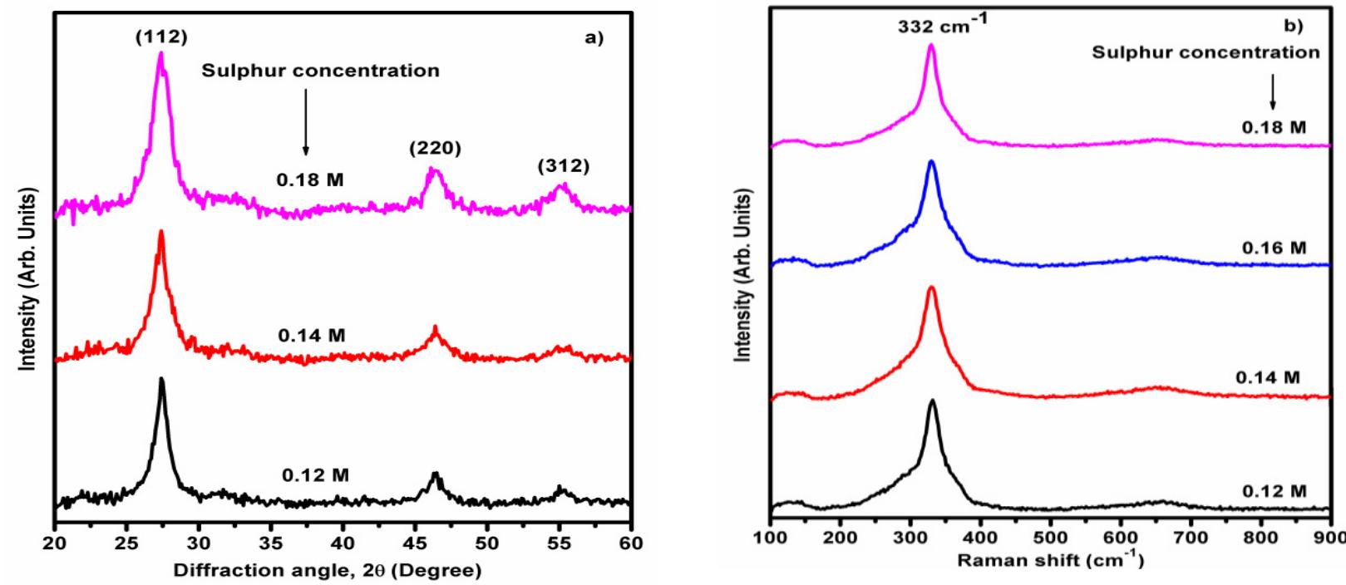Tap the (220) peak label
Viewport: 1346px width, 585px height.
(x=434, y=149)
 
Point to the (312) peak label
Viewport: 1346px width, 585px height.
(x=563, y=166)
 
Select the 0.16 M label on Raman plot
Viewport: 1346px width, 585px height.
(x=1274, y=248)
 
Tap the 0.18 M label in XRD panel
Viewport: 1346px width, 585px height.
(x=311, y=179)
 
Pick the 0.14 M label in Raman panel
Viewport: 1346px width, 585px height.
(x=1267, y=377)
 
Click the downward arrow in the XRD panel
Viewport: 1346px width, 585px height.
(x=305, y=121)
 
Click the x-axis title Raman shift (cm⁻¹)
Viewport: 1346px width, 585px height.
(x=1050, y=561)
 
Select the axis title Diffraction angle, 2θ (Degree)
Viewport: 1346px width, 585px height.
(x=326, y=572)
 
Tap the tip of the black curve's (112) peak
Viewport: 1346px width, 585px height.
(x=161, y=379)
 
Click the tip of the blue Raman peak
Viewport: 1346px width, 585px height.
(x=931, y=162)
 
